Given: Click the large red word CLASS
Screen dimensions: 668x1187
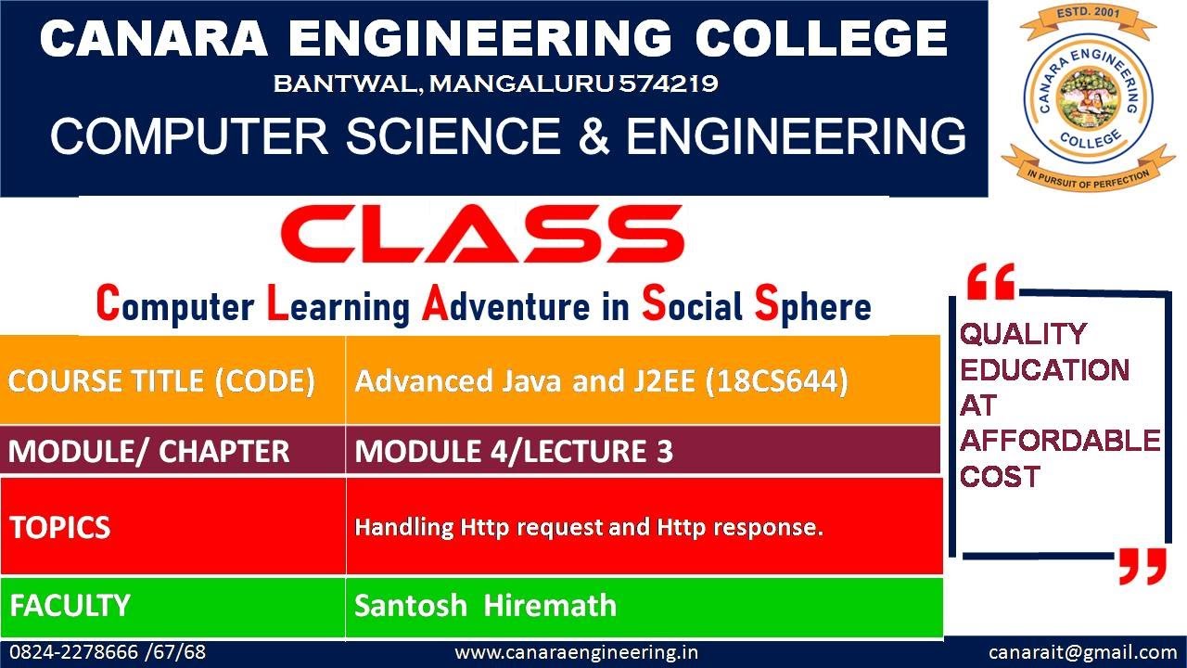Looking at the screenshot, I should click(482, 233).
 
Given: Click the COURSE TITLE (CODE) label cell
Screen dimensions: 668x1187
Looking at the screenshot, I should click(162, 381).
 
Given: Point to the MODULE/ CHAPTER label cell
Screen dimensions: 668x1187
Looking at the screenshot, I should click(149, 452).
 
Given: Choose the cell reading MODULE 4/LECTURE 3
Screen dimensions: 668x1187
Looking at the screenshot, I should click(514, 452).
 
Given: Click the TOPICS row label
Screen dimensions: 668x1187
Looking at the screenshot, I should click(60, 527).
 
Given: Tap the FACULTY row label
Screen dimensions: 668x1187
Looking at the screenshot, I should click(70, 606).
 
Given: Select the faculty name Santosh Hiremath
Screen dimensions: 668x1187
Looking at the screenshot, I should click(485, 606).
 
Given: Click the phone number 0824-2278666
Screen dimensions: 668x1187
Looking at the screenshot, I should click(72, 652).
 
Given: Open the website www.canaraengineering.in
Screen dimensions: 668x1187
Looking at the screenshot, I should click(576, 652).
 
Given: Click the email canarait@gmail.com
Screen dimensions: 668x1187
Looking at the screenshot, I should click(1082, 652).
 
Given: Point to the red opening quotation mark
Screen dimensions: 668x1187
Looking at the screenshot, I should click(989, 281).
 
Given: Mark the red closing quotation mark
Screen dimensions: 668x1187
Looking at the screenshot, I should click(1141, 565).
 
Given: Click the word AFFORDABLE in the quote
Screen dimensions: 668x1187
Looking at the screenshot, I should click(1059, 441).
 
